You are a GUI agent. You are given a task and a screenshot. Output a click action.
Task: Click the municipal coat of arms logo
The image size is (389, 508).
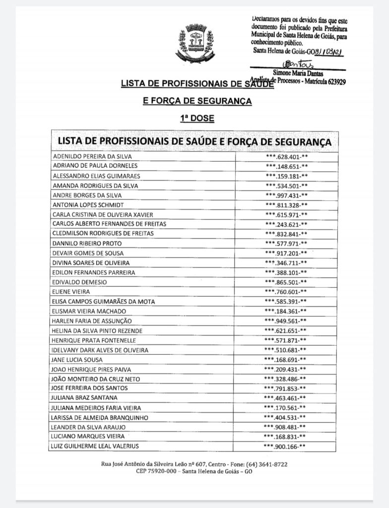[x=194, y=43]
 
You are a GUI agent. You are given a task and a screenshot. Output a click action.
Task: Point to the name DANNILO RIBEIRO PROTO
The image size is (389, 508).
[x=87, y=244]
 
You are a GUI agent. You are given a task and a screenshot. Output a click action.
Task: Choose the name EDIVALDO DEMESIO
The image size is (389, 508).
[x=79, y=282]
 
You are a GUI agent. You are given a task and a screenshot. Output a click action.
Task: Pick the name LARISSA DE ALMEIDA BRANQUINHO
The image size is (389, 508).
[x=99, y=418]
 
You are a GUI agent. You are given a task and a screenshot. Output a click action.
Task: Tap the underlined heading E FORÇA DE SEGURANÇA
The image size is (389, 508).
[x=197, y=101]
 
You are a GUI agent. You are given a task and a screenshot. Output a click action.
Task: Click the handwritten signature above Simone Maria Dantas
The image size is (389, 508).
[x=294, y=64]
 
